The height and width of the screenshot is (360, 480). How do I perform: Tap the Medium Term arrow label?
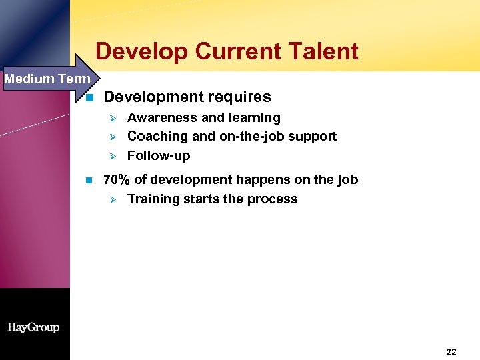point(47,79)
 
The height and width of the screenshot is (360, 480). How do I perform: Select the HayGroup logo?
point(33,327)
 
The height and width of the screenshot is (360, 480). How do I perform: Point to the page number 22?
point(451,352)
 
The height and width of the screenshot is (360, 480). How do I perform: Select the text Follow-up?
point(159,156)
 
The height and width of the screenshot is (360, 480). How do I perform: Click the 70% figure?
point(117,180)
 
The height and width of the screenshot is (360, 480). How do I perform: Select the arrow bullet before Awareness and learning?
point(113,118)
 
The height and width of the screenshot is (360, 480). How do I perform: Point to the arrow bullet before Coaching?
point(113,137)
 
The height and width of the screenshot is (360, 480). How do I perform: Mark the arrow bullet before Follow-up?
point(113,156)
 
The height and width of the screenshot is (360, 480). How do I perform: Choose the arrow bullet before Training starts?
point(113,199)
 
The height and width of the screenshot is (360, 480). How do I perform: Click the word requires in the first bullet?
point(242,97)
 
